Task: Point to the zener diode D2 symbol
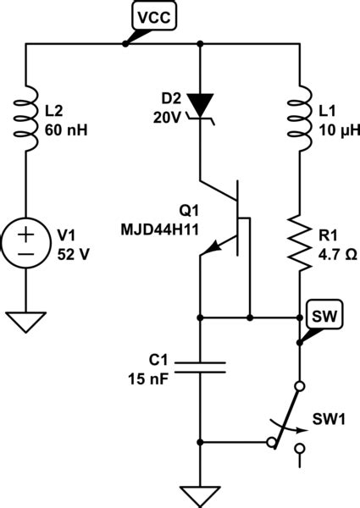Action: coord(201,106)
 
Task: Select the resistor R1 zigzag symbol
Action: coord(301,241)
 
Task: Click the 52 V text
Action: coord(71,251)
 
